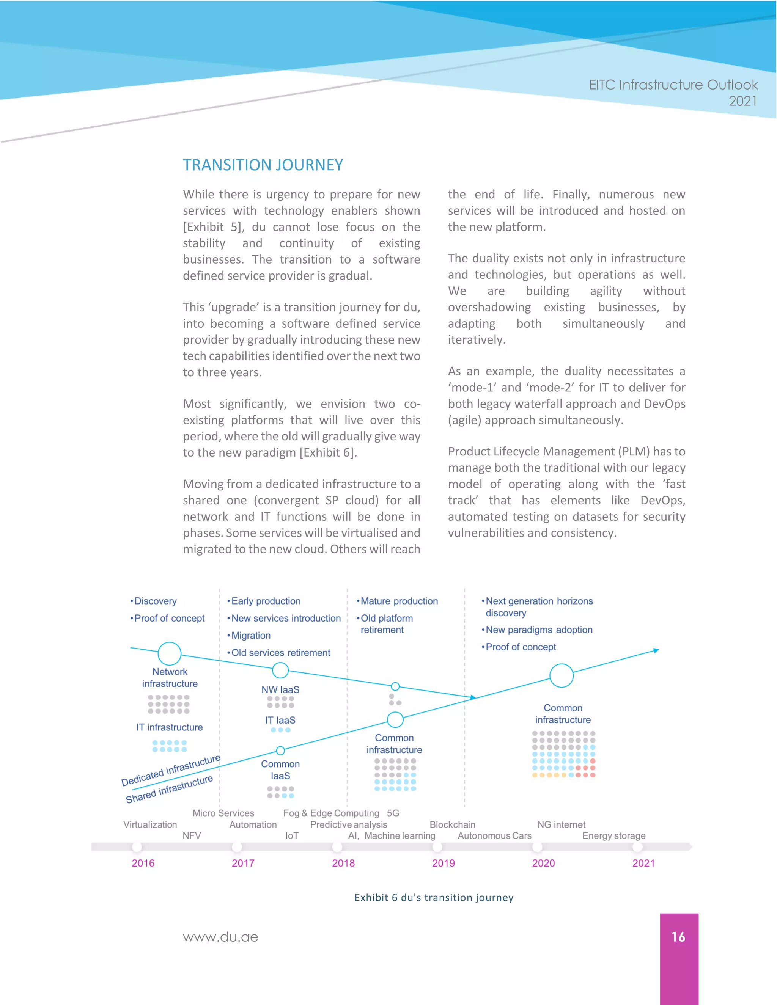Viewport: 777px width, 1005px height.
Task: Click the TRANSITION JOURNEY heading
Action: click(263, 165)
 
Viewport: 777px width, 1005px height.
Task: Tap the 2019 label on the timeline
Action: click(443, 863)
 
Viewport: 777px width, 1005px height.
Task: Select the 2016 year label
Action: click(143, 863)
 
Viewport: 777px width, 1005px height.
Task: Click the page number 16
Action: click(678, 937)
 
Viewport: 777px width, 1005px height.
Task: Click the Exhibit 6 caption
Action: click(434, 897)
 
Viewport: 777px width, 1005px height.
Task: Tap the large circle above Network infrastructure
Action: click(169, 653)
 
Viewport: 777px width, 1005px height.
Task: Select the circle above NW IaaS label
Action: click(280, 671)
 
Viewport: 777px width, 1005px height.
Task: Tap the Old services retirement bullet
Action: click(280, 653)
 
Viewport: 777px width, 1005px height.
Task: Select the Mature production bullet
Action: click(399, 601)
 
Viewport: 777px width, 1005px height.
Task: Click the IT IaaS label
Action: click(280, 720)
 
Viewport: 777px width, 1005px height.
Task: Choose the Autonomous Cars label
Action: click(494, 835)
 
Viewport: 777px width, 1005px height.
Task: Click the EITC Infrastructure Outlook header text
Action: click(673, 85)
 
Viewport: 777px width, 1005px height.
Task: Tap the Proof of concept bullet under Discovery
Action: click(169, 618)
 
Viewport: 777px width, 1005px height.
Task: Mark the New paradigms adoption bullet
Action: click(539, 630)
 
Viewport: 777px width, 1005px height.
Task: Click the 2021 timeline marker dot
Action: click(637, 847)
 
